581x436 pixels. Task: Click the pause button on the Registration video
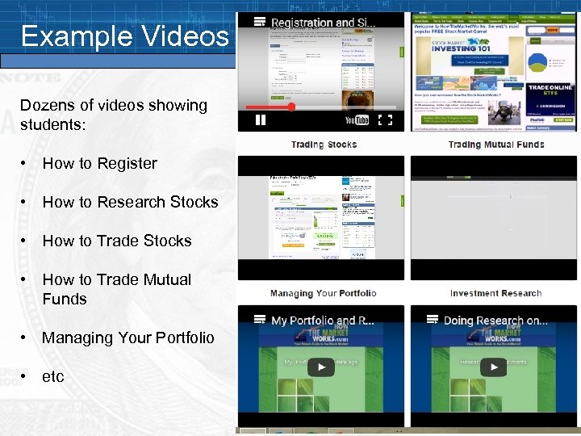(261, 120)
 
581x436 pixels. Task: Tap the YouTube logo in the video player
(357, 120)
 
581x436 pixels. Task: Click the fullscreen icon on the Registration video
(386, 120)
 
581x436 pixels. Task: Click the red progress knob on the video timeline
(291, 107)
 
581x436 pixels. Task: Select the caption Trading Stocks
(324, 145)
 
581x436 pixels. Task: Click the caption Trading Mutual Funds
(495, 145)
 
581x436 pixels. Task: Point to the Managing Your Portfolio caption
(323, 293)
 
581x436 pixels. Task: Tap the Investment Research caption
(495, 293)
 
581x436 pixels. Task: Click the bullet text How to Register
(99, 163)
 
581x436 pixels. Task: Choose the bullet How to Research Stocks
(130, 202)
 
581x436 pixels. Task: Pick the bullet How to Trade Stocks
(117, 241)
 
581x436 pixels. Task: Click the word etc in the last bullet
(52, 376)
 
